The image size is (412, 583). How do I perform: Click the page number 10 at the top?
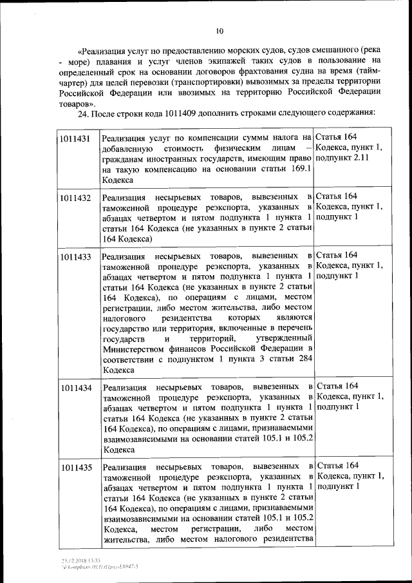point(219,30)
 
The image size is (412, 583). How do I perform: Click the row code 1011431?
point(75,137)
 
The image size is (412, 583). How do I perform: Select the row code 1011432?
point(75,197)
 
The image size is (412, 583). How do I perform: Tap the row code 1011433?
point(75,257)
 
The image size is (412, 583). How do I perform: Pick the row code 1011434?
point(75,388)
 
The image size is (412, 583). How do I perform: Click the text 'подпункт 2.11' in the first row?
point(342,158)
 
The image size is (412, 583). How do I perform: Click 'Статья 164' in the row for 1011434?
point(338,385)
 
